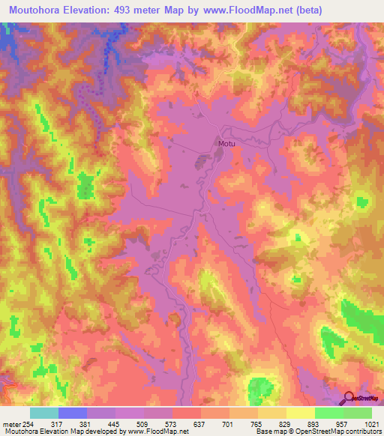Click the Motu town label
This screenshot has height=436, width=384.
pos(226,144)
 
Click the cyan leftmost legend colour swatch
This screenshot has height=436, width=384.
pos(44,413)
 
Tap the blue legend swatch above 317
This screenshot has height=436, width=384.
pos(73,413)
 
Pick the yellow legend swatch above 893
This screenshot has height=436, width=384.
pos(301,413)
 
